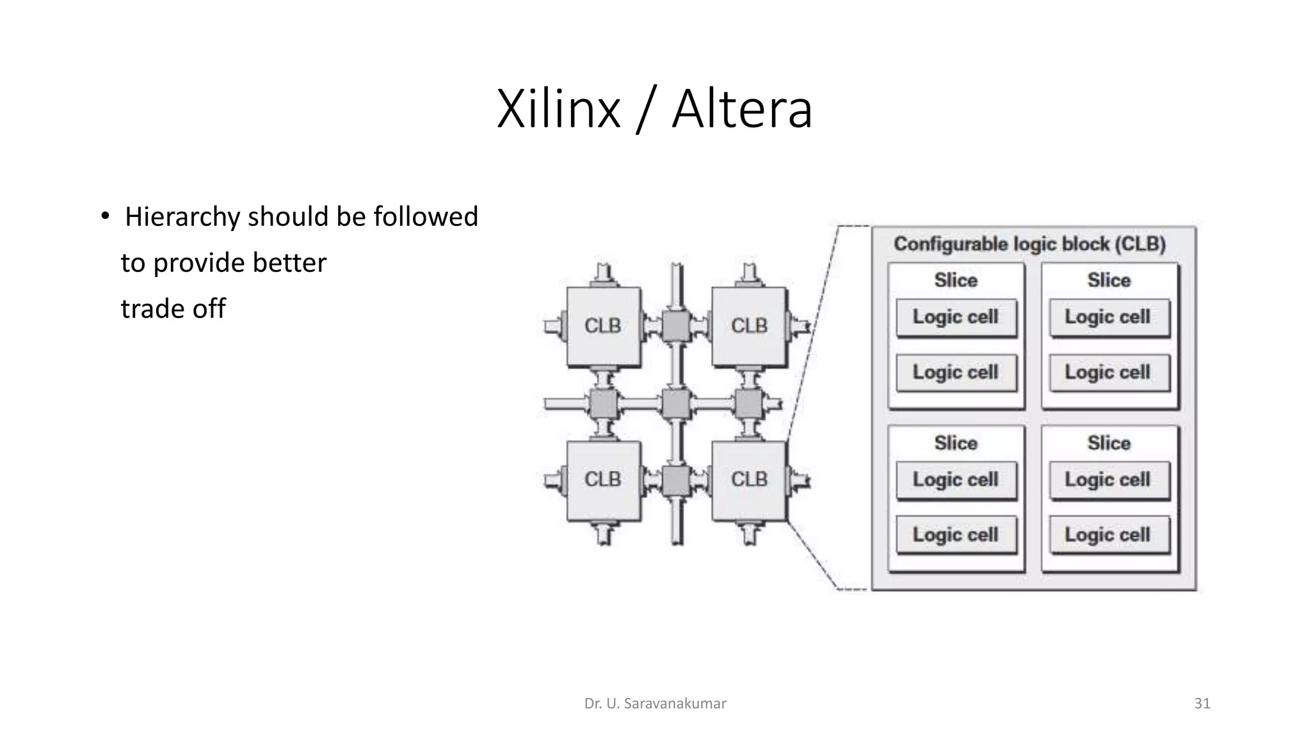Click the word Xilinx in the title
point(558,109)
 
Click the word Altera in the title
point(742,109)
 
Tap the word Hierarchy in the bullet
point(182,217)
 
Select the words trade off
point(173,309)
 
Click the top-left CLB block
point(603,326)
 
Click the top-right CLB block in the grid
point(749,326)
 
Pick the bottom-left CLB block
point(603,480)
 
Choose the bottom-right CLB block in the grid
point(749,480)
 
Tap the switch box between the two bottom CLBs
point(675,480)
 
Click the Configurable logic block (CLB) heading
point(1029,244)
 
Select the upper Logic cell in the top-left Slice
point(956,317)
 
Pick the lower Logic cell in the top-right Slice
point(1108,372)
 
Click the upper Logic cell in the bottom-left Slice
point(956,480)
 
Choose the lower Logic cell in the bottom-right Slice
point(1108,535)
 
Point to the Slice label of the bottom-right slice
point(1109,443)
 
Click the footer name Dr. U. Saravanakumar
point(655,704)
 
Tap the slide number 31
point(1202,704)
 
